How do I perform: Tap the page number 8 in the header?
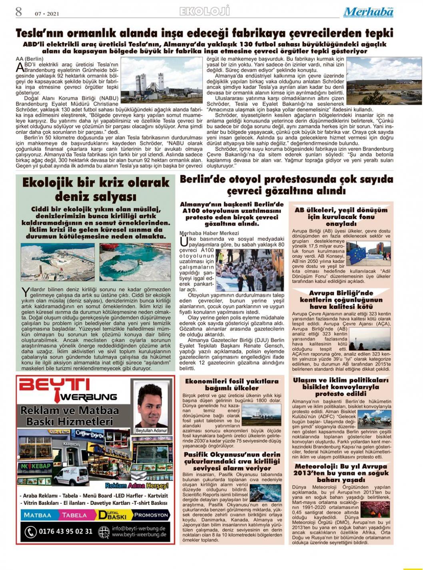pos(19,12)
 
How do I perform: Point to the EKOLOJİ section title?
pos(205,11)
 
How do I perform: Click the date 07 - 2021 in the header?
pos(47,14)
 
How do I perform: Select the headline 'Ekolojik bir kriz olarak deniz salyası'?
pos(96,189)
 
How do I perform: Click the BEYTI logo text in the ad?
pos(55,385)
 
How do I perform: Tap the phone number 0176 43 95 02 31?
pos(65,531)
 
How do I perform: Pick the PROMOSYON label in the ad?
pos(151,515)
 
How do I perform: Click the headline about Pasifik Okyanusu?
pos(232,461)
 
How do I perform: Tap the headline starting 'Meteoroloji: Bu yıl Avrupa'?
pos(341,473)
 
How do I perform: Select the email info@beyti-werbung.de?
pos(139,528)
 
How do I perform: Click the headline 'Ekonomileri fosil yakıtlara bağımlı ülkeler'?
pos(232,384)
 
